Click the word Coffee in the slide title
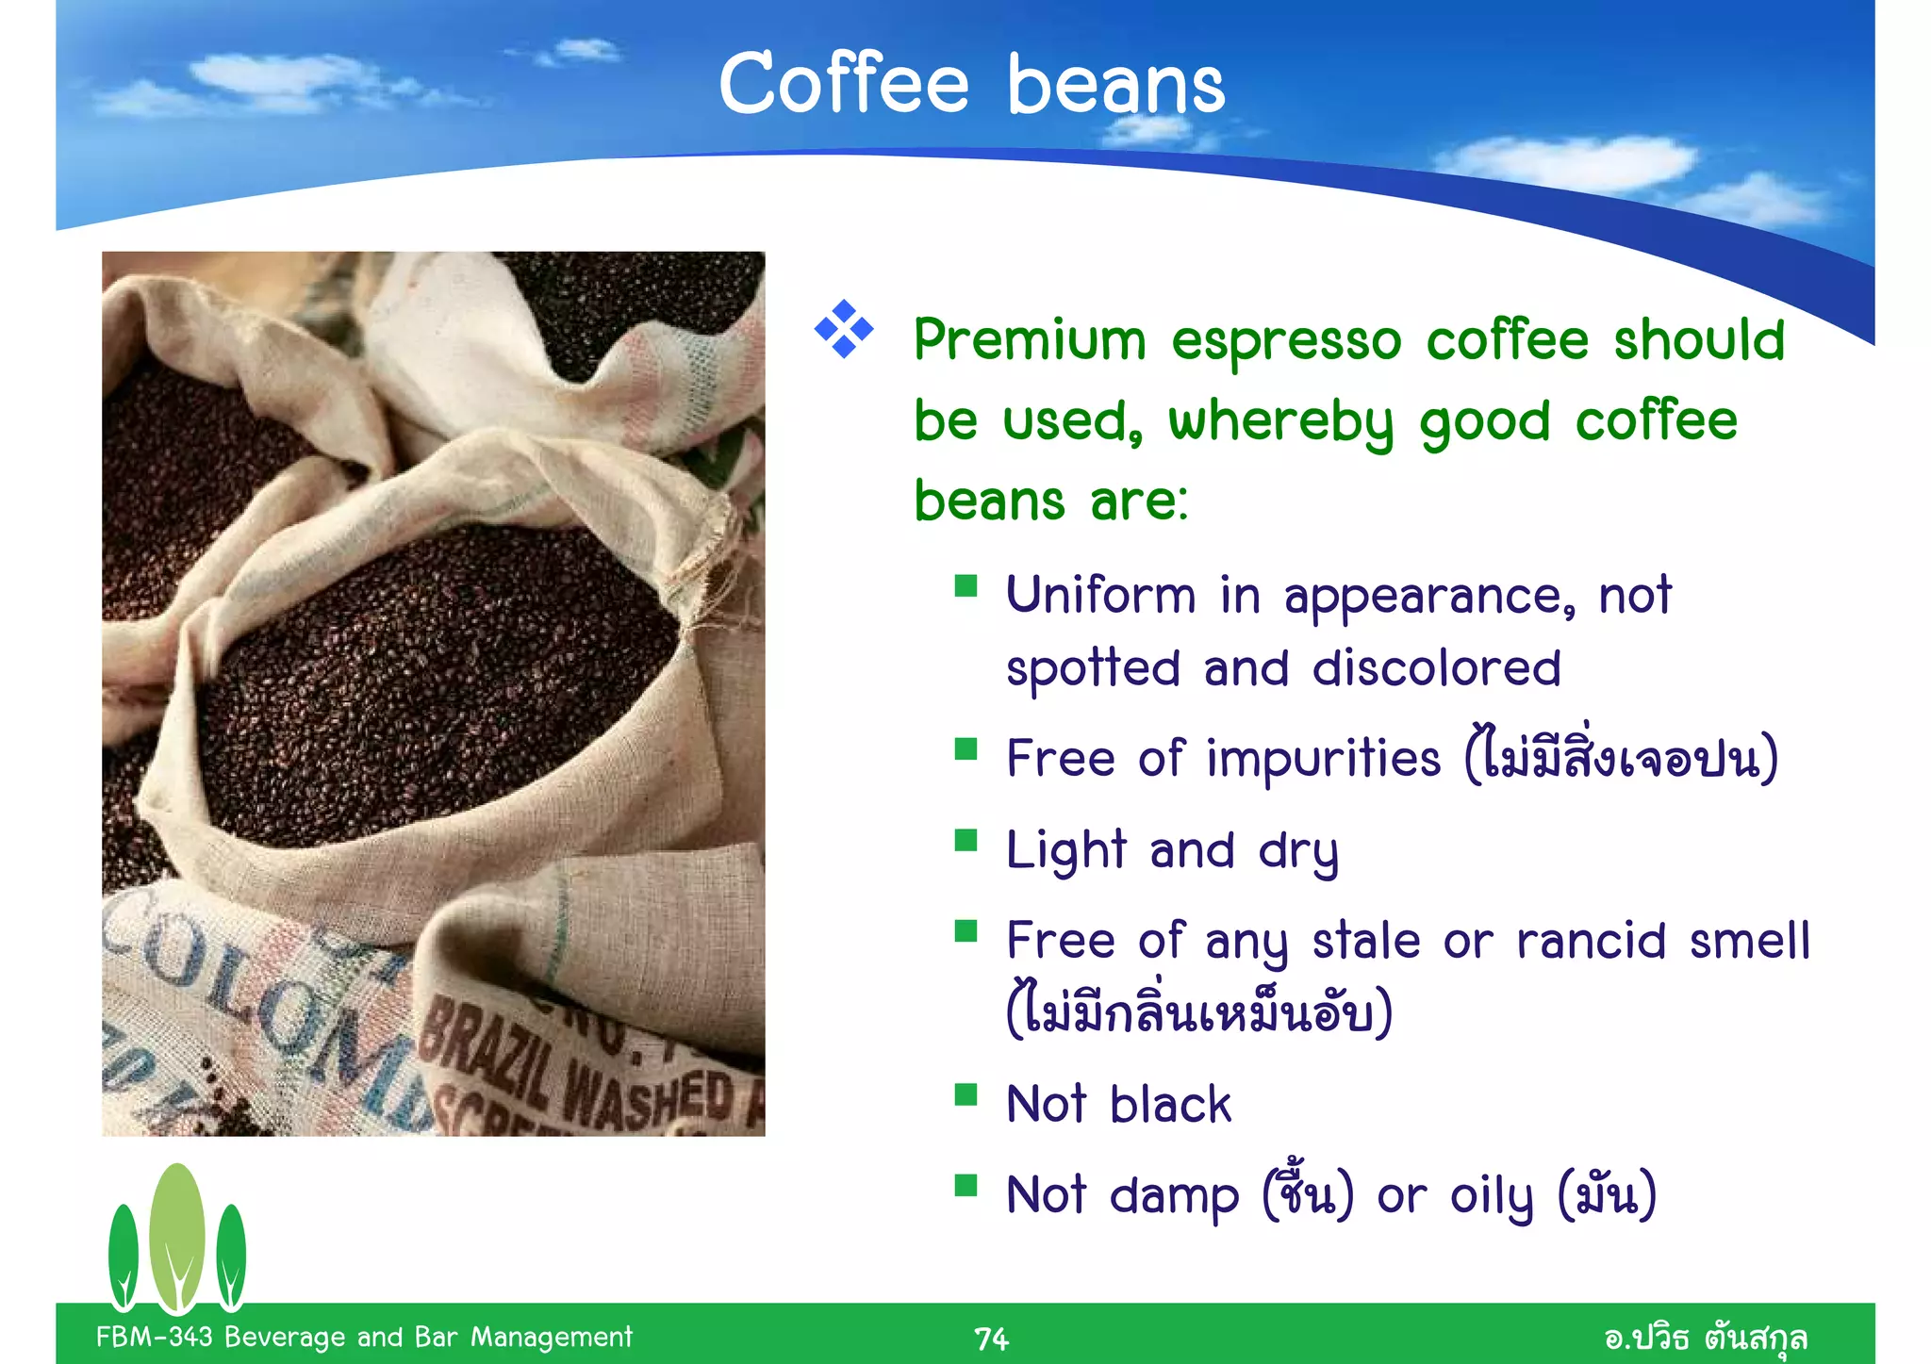(843, 85)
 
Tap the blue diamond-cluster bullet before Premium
(844, 329)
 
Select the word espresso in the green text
(1286, 341)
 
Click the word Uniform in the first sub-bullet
(1100, 596)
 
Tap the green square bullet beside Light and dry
(965, 840)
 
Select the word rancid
(1590, 941)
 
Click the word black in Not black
(1170, 1105)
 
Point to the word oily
(1492, 1196)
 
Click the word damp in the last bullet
(1174, 1196)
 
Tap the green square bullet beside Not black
(965, 1094)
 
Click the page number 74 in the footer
(991, 1339)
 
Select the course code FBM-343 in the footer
(154, 1337)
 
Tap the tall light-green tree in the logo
(177, 1235)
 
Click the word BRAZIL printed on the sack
(486, 1056)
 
